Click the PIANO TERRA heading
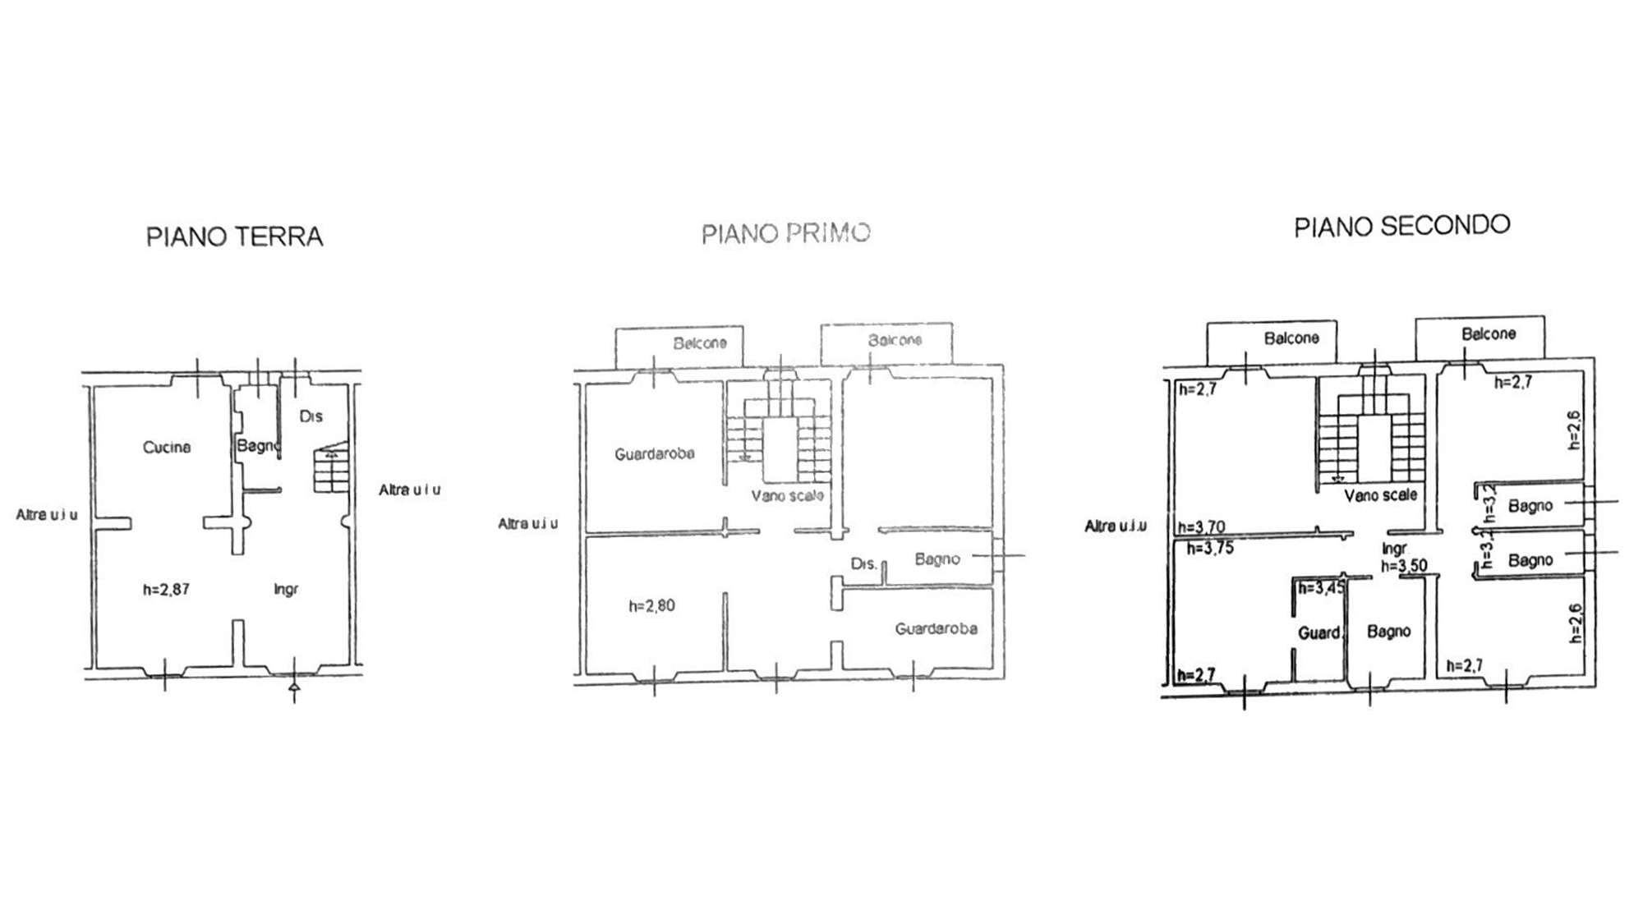234,237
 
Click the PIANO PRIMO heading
785,234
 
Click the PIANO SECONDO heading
1401,226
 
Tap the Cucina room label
167,448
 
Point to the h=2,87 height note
166,589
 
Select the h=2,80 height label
651,606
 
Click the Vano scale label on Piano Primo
787,496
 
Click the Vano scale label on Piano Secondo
1380,495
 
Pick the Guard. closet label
1319,632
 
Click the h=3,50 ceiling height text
1403,566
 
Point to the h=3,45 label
1321,587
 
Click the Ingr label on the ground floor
286,589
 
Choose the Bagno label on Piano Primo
937,559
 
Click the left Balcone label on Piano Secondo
1291,338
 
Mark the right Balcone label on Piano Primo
895,340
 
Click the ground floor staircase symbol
331,471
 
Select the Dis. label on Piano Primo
863,564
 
